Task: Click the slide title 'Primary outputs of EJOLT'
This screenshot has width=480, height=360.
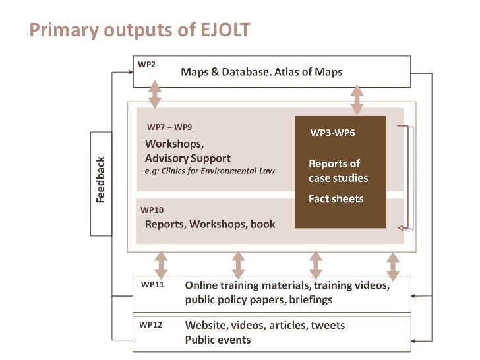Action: click(x=139, y=30)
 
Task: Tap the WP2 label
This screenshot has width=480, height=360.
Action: click(x=146, y=65)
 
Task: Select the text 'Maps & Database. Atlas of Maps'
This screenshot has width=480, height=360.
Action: click(x=262, y=72)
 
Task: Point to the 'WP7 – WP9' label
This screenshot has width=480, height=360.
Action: click(x=169, y=127)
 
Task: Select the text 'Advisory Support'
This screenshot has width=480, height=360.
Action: click(x=188, y=158)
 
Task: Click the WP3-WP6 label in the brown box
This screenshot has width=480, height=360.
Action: click(x=332, y=133)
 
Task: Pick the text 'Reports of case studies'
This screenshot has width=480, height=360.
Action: click(x=338, y=171)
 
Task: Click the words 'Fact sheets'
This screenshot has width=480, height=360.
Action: click(x=336, y=198)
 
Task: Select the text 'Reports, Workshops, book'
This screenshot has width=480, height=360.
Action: click(x=210, y=224)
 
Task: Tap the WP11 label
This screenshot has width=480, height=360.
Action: click(x=152, y=285)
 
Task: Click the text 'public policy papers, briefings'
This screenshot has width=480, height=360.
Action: click(x=258, y=300)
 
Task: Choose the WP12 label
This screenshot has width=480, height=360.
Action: click(x=151, y=325)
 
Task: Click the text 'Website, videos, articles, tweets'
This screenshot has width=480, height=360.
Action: click(x=264, y=326)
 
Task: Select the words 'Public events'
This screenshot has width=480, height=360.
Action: click(x=218, y=340)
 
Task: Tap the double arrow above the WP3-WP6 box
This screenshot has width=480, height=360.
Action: click(x=357, y=100)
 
